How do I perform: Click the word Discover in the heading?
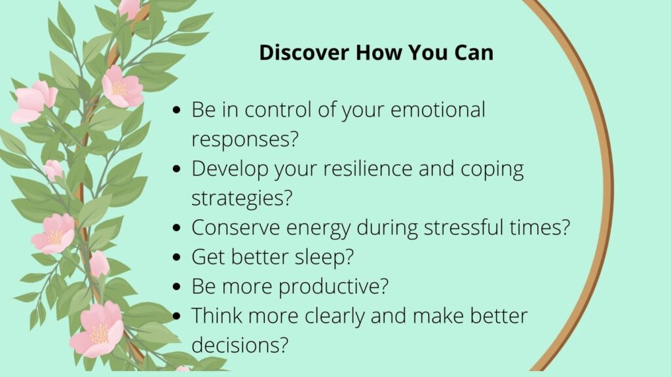coord(304,52)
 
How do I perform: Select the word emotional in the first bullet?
coord(438,109)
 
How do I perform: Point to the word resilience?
coord(368,168)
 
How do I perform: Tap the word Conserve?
coord(236,227)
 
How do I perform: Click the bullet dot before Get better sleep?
coord(177,257)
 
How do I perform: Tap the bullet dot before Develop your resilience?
coord(177,169)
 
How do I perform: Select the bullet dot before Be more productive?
coord(177,287)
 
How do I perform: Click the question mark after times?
coord(565,227)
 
